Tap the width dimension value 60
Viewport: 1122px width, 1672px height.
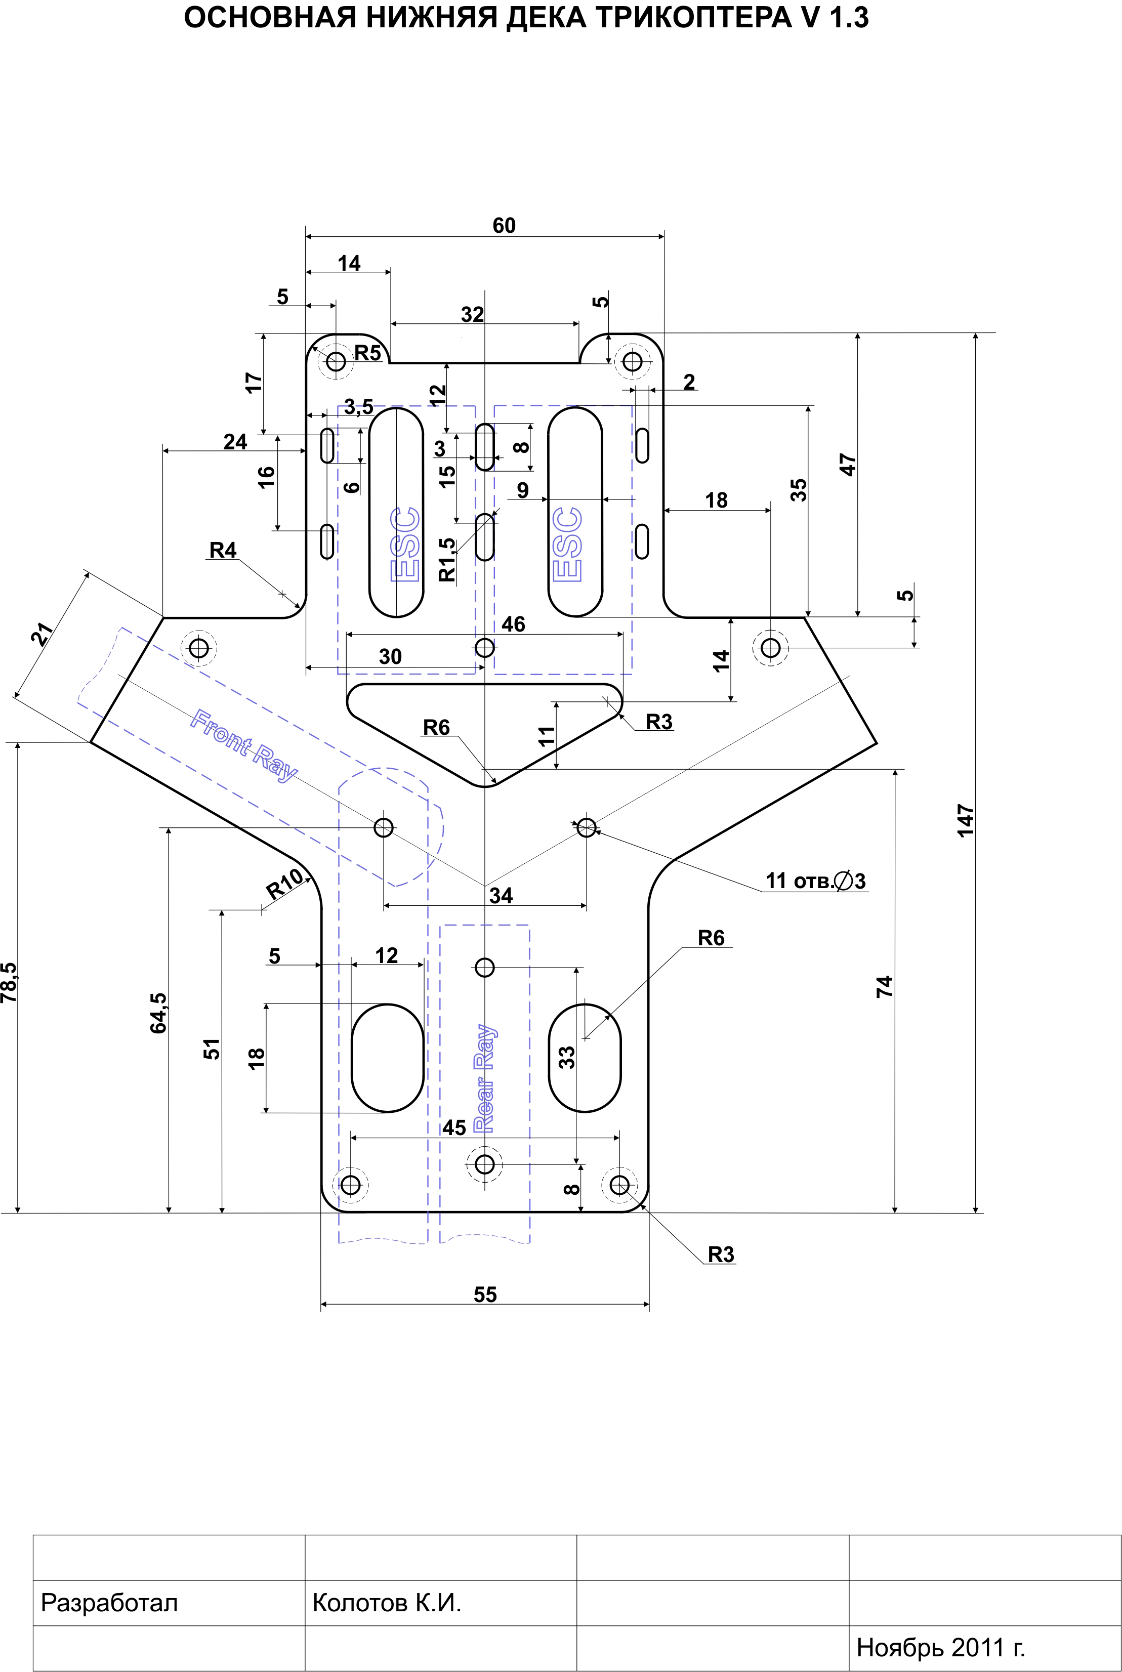(x=504, y=225)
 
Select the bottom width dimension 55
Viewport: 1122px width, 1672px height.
(x=485, y=1294)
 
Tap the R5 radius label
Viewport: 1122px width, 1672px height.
(x=368, y=353)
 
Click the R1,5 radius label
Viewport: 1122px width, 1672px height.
(x=446, y=560)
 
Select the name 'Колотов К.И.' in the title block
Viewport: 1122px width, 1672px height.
(x=387, y=1603)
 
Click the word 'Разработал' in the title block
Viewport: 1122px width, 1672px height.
(x=109, y=1603)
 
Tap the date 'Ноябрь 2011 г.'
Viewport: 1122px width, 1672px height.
(x=940, y=1648)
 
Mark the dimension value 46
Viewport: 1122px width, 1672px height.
(x=513, y=624)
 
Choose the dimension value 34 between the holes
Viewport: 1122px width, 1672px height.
(x=501, y=895)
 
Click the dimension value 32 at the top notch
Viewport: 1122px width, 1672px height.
(x=472, y=314)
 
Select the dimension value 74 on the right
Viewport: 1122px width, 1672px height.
(x=885, y=987)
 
